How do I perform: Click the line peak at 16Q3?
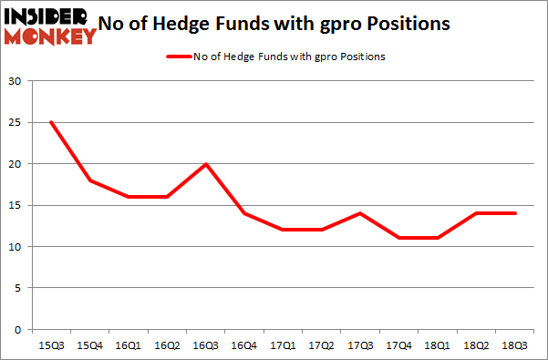click(x=206, y=164)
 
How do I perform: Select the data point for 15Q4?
click(x=88, y=180)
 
